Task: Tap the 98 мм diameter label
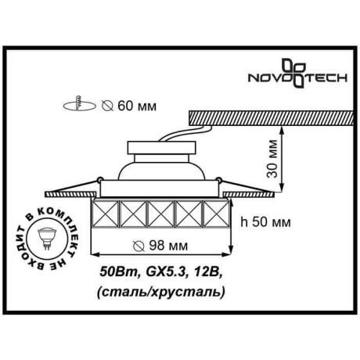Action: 167,246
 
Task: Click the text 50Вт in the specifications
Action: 114,273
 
